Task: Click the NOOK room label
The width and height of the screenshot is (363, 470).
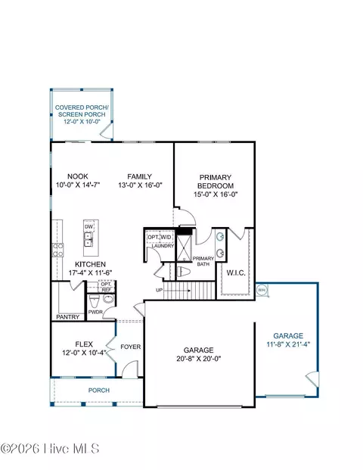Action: (78, 176)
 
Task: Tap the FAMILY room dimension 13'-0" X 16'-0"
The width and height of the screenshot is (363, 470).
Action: (140, 185)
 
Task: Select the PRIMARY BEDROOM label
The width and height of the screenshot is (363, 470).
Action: (216, 182)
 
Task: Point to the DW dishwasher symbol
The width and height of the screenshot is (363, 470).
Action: (88, 227)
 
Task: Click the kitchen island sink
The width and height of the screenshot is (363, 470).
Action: (88, 239)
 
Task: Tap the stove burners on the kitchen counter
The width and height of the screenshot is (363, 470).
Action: (58, 250)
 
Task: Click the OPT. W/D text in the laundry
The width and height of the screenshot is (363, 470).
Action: (160, 237)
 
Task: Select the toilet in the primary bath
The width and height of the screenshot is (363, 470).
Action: (184, 272)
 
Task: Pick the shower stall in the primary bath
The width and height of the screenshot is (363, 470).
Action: (184, 247)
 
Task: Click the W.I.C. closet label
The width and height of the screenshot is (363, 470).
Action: (236, 273)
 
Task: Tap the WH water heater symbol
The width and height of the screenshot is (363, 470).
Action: (262, 290)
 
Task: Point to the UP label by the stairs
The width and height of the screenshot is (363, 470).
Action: (160, 290)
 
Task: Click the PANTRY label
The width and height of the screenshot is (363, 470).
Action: (68, 317)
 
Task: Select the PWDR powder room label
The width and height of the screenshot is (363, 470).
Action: (95, 312)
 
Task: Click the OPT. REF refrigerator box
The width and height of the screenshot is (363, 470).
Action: (106, 287)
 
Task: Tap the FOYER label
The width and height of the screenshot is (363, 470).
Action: (131, 347)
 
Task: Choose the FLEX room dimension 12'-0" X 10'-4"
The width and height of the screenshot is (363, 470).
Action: (84, 353)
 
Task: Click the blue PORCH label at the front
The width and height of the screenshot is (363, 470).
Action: (99, 391)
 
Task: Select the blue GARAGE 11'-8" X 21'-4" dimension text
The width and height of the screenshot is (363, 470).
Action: (288, 344)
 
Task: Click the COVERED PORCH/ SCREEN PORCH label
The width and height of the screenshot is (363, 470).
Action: (82, 111)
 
